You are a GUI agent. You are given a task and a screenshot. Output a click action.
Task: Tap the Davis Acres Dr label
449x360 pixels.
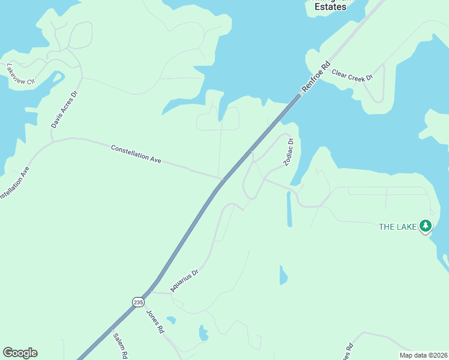(x=65, y=110)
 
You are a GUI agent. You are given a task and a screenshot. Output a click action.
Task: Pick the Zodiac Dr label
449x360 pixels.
(x=288, y=152)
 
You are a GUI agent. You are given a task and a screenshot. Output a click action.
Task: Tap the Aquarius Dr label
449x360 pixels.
(x=184, y=280)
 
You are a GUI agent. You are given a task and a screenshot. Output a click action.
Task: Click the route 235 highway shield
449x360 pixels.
(x=139, y=302)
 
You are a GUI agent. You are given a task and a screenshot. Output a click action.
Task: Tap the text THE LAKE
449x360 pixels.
(x=397, y=227)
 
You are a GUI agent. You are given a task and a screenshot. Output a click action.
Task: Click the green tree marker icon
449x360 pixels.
(x=426, y=226)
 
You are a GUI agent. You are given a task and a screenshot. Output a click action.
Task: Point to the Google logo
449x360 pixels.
(x=20, y=353)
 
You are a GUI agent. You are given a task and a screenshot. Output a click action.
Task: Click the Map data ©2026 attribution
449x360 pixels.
(x=423, y=355)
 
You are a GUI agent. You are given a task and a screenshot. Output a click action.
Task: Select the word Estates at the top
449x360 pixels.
(x=331, y=7)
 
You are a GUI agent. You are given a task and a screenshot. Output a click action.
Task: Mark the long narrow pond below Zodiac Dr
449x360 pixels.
(x=289, y=209)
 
